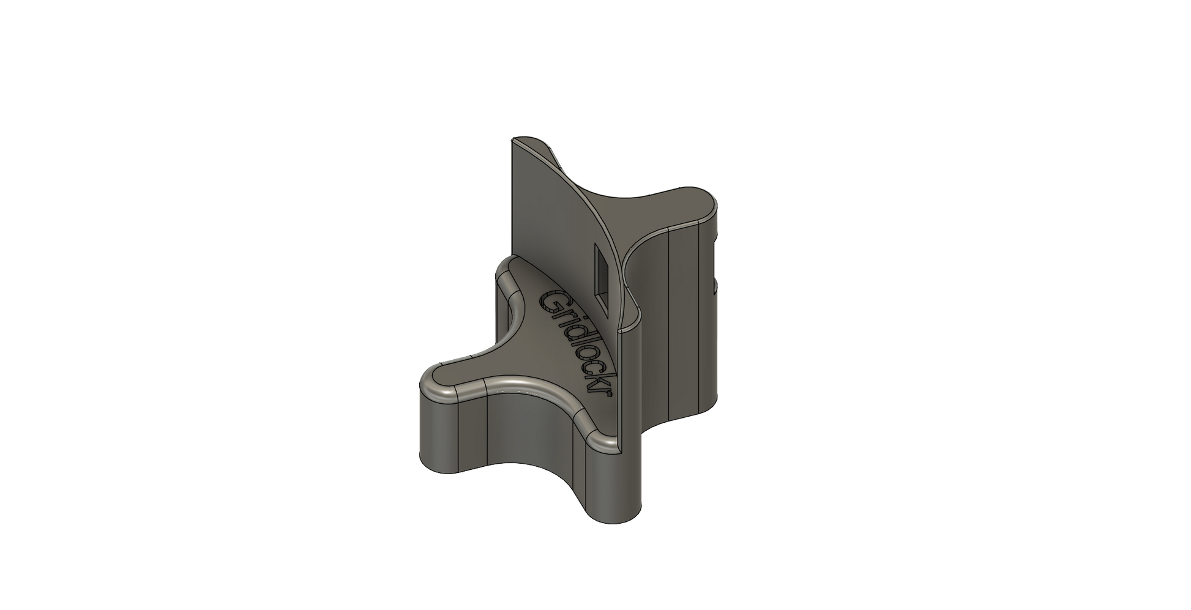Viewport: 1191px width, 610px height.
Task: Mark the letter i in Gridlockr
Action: pos(566,319)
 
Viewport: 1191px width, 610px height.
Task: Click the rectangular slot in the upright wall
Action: pos(602,278)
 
